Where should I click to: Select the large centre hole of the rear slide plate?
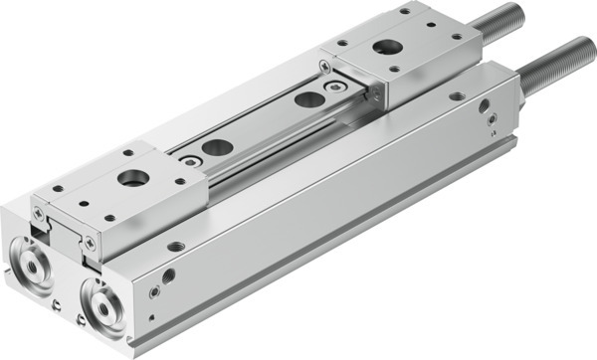tap(384, 47)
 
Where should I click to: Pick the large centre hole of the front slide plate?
tap(131, 179)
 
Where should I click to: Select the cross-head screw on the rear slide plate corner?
tap(325, 66)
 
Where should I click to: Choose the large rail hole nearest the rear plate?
tap(309, 99)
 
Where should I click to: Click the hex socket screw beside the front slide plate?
tap(186, 159)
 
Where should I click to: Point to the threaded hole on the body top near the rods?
tap(456, 96)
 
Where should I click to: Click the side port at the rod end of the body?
tap(485, 104)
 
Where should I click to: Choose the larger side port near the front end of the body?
tap(169, 275)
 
